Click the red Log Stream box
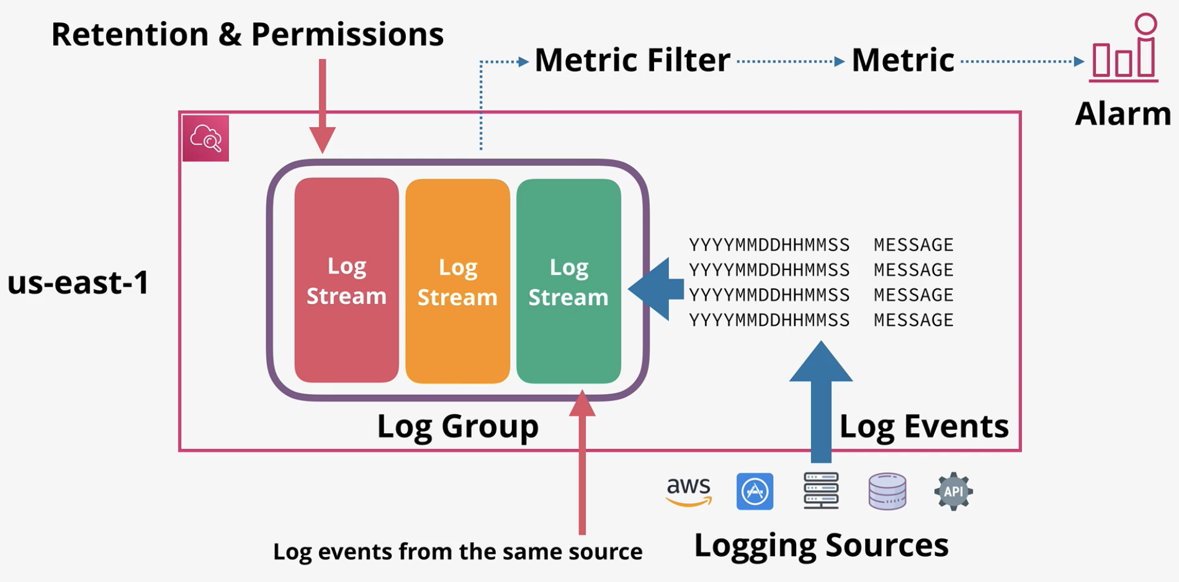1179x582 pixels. (x=346, y=280)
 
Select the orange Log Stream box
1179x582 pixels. (x=457, y=281)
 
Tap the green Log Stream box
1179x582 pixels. (x=568, y=281)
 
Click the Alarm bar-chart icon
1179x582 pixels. (x=1124, y=48)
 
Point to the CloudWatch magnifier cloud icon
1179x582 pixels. (x=205, y=138)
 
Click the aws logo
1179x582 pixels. (x=689, y=492)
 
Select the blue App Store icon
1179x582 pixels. (x=755, y=491)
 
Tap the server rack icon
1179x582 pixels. (x=821, y=491)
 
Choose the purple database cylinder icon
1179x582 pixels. (x=887, y=491)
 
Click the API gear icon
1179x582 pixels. (x=953, y=491)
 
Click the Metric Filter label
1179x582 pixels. (x=632, y=60)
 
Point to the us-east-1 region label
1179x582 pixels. (x=78, y=282)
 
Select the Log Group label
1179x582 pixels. (x=458, y=427)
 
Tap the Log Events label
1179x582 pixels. (x=924, y=427)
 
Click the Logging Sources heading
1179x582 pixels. (x=821, y=546)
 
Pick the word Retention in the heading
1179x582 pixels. (x=130, y=34)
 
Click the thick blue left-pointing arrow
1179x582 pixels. (x=656, y=289)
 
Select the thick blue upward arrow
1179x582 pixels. (x=821, y=402)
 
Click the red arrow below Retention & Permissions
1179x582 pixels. (x=323, y=106)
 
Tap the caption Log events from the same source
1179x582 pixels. (x=458, y=552)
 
